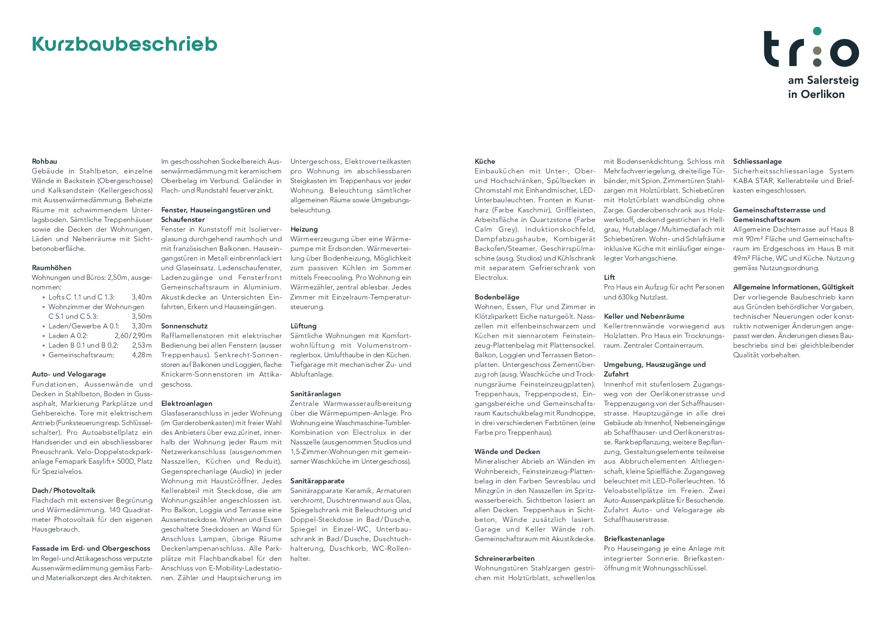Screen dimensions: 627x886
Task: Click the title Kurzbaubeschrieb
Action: pos(124,44)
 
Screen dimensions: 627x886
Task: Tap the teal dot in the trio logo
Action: pos(817,31)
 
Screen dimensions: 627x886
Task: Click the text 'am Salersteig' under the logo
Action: pos(823,80)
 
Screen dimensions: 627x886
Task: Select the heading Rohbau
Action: pos(44,161)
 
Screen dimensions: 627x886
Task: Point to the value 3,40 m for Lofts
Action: pos(141,297)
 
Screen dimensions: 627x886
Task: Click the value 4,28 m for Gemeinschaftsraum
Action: pos(141,355)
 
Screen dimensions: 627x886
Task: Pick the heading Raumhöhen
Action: pos(51,268)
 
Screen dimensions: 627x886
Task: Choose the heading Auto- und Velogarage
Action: pos(69,374)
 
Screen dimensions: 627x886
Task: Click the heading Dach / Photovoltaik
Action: pos(63,490)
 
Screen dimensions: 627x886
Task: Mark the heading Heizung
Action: pos(304,229)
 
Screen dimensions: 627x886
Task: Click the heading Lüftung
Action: pos(303,326)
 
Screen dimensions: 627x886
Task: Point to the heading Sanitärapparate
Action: pos(317,481)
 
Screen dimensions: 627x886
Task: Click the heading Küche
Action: pos(485,161)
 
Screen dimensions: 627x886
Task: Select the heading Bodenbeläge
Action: pos(497,297)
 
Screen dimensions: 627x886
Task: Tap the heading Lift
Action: pos(609,277)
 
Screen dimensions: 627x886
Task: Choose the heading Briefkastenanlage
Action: pos(634,539)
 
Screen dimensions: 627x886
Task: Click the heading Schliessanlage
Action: pos(757,161)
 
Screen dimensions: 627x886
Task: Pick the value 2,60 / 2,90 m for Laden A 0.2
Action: pos(133,335)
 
